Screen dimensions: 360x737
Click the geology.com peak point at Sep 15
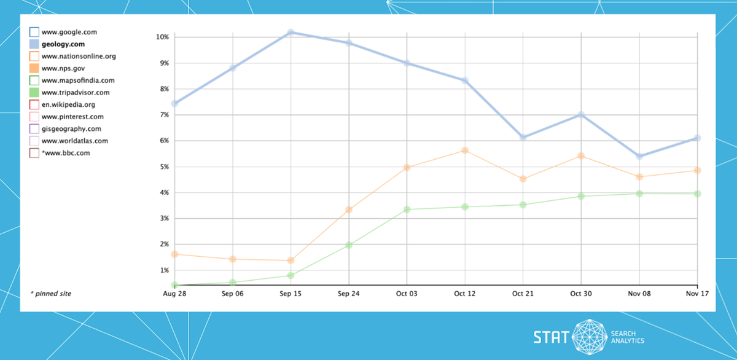291,32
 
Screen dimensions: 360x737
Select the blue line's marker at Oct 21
523,137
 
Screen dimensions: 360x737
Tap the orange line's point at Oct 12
465,151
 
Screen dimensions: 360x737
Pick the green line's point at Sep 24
349,245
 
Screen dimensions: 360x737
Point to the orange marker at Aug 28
174,254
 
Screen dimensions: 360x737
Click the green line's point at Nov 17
698,194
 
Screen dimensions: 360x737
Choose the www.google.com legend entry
69,31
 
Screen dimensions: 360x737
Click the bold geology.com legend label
63,44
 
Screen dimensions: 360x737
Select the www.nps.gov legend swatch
34,68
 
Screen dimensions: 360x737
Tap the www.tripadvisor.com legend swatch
34,92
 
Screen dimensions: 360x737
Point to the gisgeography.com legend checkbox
34,128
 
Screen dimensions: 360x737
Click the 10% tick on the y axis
163,37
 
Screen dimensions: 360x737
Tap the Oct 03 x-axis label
407,294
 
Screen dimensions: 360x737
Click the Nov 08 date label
639,294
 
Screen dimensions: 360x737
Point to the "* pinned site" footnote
50,294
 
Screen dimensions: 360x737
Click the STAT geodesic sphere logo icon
589,337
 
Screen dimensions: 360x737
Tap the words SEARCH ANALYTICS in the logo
627,337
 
